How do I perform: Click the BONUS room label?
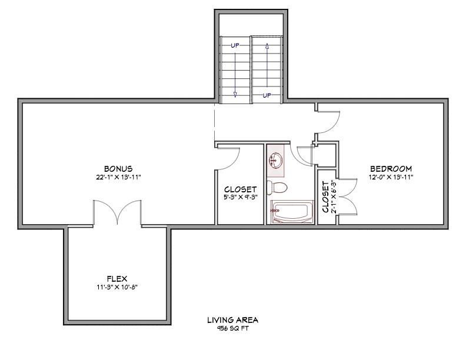coord(118,168)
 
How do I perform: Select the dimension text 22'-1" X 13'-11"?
coord(118,176)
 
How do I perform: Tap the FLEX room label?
coord(117,278)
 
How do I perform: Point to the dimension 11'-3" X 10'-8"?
coord(117,286)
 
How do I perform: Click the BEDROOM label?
coord(390,168)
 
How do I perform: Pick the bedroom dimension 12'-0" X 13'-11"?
coord(390,176)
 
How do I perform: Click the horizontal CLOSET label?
coord(240,189)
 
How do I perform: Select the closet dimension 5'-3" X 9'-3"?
coord(240,198)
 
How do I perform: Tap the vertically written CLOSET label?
coord(325,196)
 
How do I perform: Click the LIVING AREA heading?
coord(232,320)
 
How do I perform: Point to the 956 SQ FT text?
coord(232,328)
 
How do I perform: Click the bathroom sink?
coord(276,159)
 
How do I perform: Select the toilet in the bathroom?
coord(277,188)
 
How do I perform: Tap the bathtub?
coord(292,212)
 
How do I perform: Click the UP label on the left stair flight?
coord(235,45)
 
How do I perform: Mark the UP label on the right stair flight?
coord(267,95)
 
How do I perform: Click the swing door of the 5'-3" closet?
coord(229,156)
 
